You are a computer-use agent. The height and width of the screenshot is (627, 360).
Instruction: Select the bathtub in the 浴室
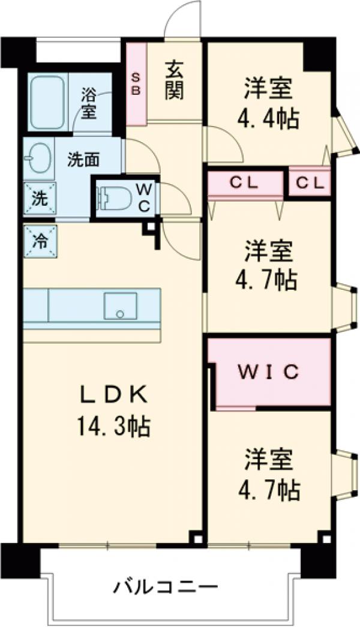[x=47, y=103]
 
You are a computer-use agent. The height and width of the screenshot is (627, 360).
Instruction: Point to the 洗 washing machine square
[x=38, y=199]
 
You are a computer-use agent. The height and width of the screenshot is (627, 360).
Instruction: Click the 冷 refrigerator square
[x=40, y=241]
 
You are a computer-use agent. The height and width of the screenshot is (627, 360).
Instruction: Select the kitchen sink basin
[x=120, y=306]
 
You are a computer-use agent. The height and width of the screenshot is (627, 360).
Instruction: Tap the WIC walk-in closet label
[x=270, y=373]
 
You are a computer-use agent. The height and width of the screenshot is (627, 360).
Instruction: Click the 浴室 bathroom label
[x=89, y=102]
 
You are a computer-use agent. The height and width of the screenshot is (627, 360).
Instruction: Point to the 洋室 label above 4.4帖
[x=268, y=88]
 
